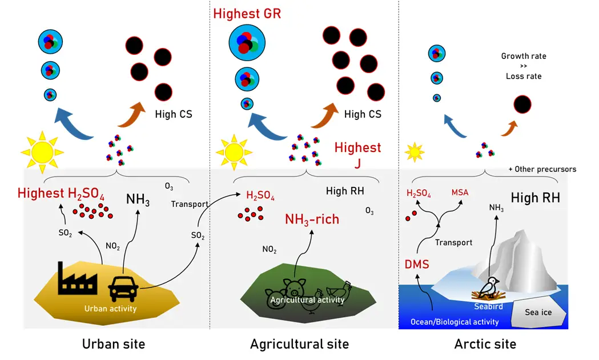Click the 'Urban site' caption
[114, 344]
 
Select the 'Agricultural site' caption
[299, 344]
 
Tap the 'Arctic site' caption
[485, 344]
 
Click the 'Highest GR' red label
[247, 13]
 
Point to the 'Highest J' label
[357, 155]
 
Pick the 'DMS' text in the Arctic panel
[417, 264]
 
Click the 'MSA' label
[460, 192]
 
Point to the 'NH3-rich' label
[312, 219]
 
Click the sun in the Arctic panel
[415, 153]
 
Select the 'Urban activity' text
[111, 309]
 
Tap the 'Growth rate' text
[524, 56]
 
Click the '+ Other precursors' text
[542, 169]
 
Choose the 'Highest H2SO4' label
[61, 193]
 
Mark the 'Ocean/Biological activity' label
[455, 322]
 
